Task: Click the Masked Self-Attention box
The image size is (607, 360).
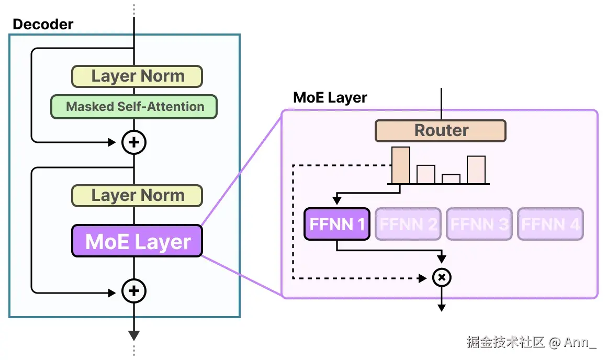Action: [x=134, y=106]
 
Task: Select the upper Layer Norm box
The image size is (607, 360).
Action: [x=137, y=76]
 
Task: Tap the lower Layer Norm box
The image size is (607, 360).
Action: [x=137, y=196]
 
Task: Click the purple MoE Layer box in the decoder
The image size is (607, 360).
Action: [x=137, y=241]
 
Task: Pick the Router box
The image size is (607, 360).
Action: [x=441, y=130]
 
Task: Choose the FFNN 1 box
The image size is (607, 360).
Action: [x=337, y=224]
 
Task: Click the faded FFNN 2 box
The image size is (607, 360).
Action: [x=408, y=224]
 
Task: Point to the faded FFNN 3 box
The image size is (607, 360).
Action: [x=479, y=224]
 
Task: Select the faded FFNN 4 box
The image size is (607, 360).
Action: [x=550, y=224]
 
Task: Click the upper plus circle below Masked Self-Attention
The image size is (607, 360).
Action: [x=134, y=142]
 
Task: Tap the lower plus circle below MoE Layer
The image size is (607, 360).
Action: [x=134, y=291]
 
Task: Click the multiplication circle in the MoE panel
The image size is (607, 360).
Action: [x=442, y=278]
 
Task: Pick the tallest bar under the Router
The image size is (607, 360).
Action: [x=401, y=165]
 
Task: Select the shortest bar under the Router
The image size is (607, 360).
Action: [x=451, y=179]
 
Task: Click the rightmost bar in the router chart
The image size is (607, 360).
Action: [x=476, y=170]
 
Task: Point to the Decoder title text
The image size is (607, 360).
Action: [x=43, y=24]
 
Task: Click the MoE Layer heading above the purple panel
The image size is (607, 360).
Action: [x=330, y=98]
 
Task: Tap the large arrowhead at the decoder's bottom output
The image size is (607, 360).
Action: [x=134, y=335]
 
